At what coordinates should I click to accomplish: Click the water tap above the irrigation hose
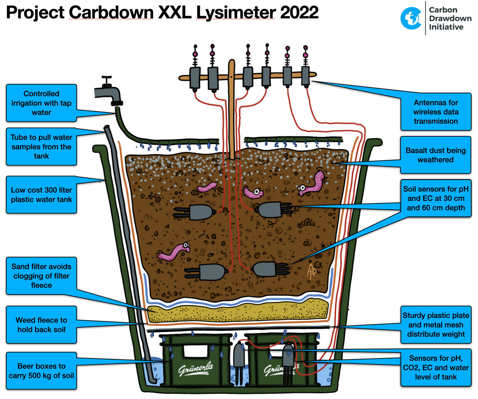108,91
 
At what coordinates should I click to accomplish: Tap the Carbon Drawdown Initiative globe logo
411,18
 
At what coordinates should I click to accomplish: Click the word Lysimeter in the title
236,12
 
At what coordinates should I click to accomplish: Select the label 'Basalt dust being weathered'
436,155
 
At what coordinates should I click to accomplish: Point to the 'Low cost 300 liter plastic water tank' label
41,195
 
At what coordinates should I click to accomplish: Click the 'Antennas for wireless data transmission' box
436,112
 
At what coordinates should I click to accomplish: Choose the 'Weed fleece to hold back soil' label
41,325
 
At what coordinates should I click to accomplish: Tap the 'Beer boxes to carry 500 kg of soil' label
41,371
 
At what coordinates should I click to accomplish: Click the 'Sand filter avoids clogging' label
41,276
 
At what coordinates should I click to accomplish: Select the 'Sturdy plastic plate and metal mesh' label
436,325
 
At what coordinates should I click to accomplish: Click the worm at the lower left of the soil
174,252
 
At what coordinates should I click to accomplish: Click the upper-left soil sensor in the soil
195,212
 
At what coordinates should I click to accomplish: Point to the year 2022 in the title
299,12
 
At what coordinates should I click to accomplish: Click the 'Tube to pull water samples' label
41,147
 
